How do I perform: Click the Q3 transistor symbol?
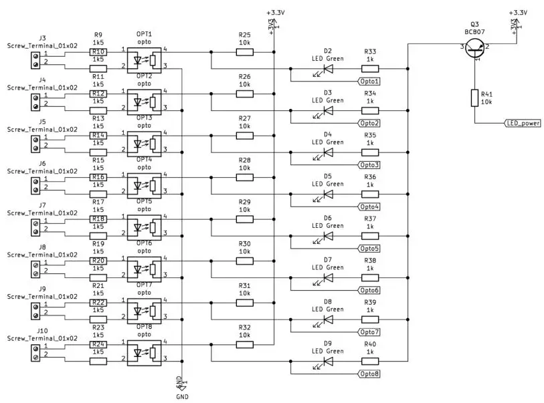tap(476, 47)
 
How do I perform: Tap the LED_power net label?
tap(523, 124)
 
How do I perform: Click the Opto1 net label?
tap(369, 81)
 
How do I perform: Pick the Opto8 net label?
tap(369, 374)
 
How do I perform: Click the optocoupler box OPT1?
tap(145, 59)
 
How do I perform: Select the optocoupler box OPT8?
tap(145, 352)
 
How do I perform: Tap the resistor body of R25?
tap(245, 51)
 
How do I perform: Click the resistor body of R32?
tap(245, 344)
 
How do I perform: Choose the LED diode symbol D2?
tap(329, 68)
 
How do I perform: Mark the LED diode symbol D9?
tap(329, 361)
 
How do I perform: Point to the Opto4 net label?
tap(369, 207)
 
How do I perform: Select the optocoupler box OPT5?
tap(145, 227)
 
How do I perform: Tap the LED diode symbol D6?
tap(329, 235)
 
